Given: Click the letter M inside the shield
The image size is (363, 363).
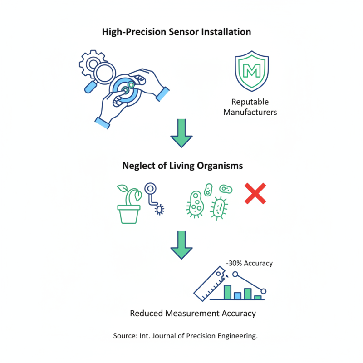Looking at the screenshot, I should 251,71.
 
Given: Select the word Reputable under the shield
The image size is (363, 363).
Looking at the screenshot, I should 250,102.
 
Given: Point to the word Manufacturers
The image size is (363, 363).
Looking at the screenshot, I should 250,112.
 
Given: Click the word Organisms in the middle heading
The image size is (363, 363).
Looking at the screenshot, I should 220,166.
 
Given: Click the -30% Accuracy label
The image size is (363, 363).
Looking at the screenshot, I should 249,263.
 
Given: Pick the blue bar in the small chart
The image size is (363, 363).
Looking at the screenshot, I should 237,296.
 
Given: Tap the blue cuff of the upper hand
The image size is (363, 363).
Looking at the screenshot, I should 162,94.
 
